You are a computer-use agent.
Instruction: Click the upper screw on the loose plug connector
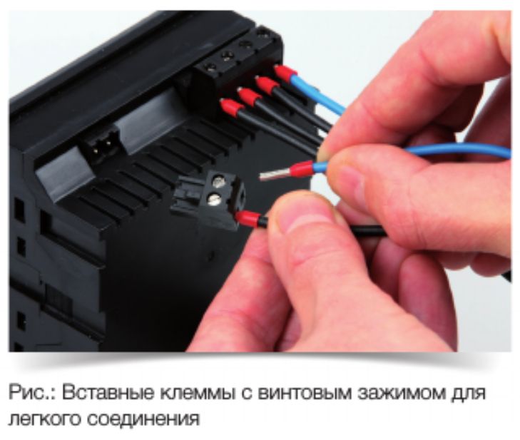(218, 181)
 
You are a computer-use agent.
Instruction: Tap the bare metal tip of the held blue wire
(271, 175)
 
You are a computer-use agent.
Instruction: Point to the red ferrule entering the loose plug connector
(248, 219)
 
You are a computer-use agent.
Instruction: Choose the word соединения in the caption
(143, 419)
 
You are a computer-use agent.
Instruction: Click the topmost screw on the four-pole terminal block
(262, 33)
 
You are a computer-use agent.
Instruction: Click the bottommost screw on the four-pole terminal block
(210, 68)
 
